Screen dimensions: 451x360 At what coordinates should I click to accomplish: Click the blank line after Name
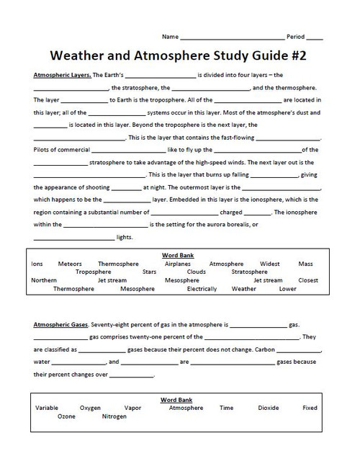231,37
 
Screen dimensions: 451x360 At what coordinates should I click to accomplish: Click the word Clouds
196,272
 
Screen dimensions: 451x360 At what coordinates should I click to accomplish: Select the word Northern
44,280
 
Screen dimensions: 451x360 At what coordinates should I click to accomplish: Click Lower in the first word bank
287,289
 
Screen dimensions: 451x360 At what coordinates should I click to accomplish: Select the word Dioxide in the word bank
269,408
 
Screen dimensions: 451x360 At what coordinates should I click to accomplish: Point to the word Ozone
66,416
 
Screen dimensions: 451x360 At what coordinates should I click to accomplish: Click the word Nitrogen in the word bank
114,416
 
